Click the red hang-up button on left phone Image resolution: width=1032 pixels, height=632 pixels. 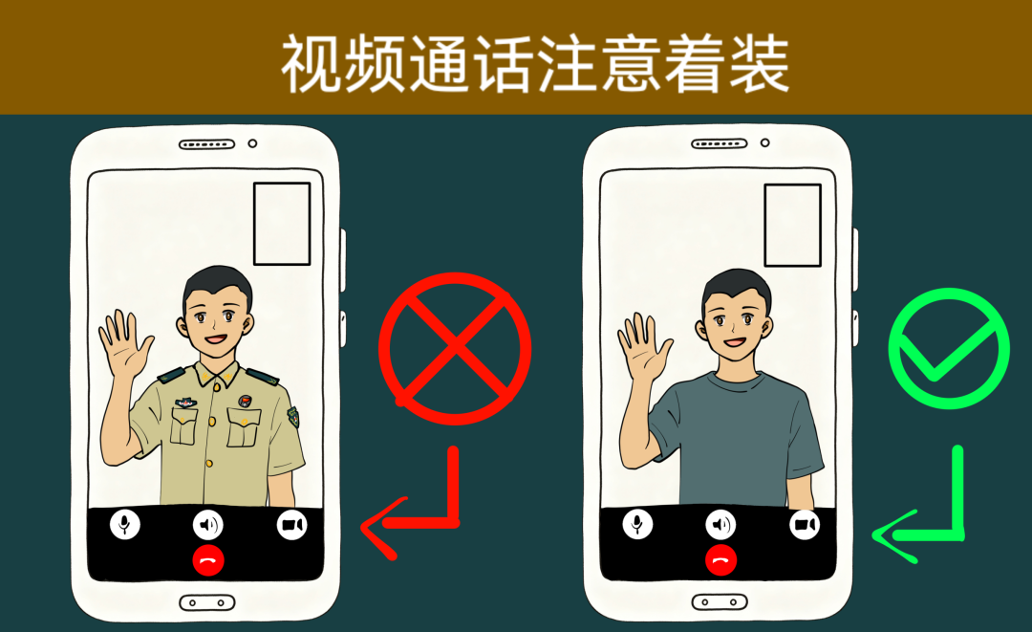click(208, 560)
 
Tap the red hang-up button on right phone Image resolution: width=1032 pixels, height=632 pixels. click(720, 559)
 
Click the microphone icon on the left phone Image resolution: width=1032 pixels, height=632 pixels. click(125, 525)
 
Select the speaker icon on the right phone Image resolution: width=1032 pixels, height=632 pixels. click(720, 524)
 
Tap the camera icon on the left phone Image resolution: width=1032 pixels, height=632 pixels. click(291, 525)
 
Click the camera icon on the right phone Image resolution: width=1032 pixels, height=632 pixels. click(805, 524)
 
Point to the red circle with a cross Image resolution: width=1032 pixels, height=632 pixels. click(455, 348)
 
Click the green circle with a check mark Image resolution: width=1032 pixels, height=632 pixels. click(949, 348)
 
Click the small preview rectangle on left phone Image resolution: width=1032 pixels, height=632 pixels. click(282, 224)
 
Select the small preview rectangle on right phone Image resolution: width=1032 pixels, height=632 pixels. click(792, 225)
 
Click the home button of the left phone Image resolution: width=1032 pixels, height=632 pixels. click(206, 602)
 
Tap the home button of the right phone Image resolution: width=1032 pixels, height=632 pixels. click(720, 601)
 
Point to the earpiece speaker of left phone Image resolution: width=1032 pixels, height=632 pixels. click(206, 144)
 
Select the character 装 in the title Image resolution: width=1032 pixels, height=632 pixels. click(758, 64)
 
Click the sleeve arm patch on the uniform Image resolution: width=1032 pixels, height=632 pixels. click(293, 416)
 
